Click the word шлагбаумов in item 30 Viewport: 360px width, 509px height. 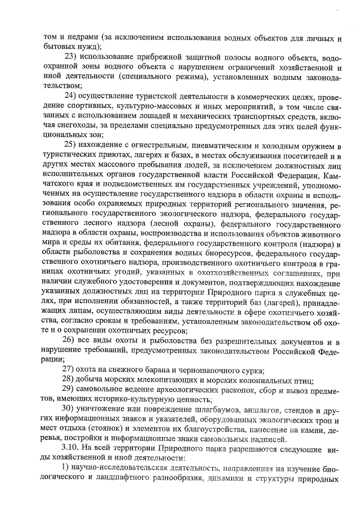pyautogui.click(x=213, y=407)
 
